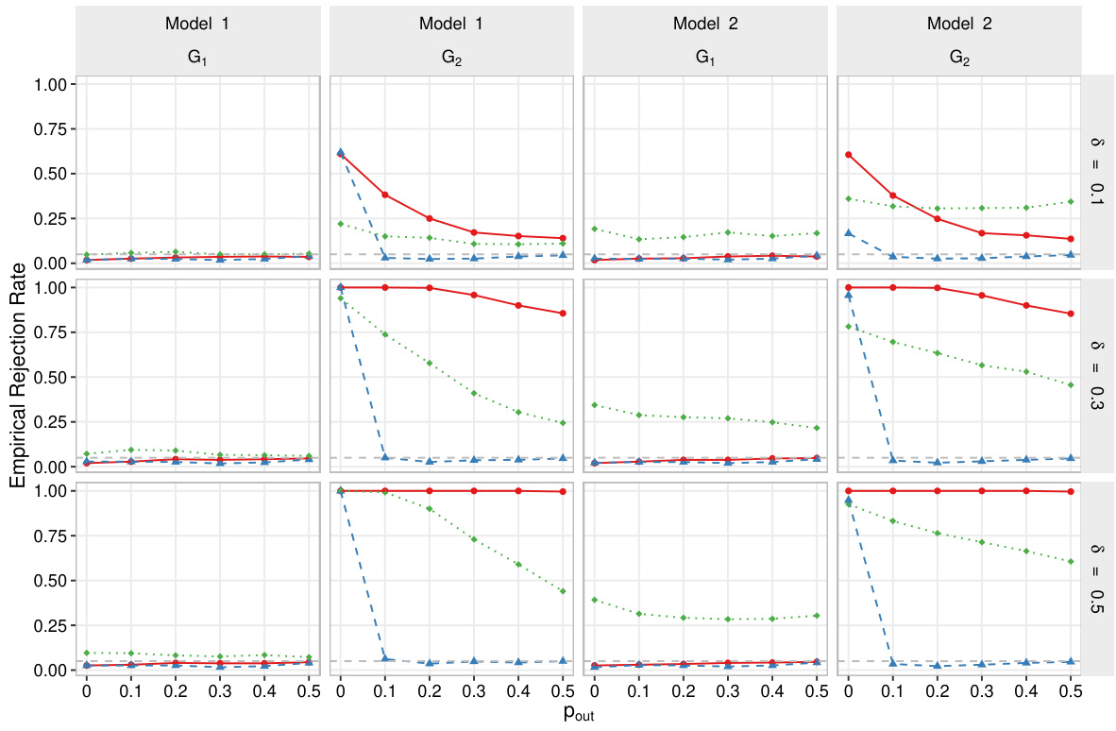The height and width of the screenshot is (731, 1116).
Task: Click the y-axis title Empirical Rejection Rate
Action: [x=17, y=376]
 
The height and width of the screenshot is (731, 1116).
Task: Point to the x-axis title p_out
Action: [x=579, y=714]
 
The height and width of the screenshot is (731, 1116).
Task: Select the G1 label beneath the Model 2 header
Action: [x=705, y=57]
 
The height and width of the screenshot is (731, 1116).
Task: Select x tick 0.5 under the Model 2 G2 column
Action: [x=1070, y=690]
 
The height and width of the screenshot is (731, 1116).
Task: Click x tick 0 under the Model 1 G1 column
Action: [x=87, y=690]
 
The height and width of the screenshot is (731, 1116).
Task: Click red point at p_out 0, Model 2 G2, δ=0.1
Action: [x=848, y=155]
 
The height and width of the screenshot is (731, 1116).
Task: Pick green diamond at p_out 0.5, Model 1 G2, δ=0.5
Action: [x=563, y=591]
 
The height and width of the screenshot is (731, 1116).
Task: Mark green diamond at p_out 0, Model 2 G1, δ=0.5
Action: [x=594, y=600]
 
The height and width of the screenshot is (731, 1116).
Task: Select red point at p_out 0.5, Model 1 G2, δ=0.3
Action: [x=563, y=314]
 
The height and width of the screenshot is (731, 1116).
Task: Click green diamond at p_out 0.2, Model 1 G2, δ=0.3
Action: [x=430, y=363]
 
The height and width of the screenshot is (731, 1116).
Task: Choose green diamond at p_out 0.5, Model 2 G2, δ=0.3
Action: [x=1070, y=384]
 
